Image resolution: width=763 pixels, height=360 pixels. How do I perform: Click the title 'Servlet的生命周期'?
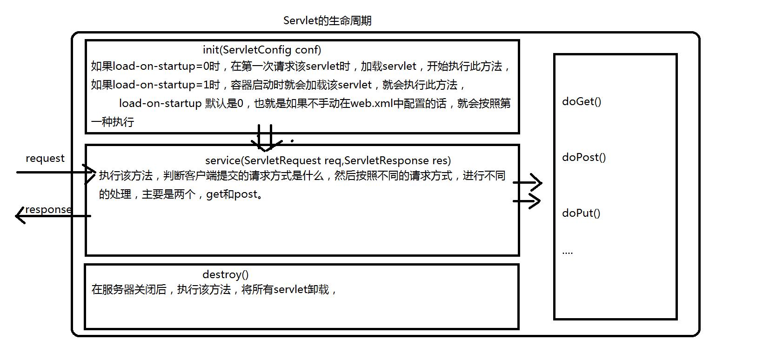327,21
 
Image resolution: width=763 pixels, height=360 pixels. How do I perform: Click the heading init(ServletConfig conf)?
262,50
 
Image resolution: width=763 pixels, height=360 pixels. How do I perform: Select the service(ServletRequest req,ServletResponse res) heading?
328,160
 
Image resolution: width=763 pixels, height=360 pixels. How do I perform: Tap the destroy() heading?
226,274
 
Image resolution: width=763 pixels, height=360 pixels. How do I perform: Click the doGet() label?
582,101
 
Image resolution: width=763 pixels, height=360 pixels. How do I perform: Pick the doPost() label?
584,157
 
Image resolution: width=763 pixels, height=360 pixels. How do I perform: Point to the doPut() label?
581,213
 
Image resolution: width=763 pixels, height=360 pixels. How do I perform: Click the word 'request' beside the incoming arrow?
45,158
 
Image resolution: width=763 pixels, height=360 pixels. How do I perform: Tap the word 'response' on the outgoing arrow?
48,209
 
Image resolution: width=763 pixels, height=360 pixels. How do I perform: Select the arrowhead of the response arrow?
20,215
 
